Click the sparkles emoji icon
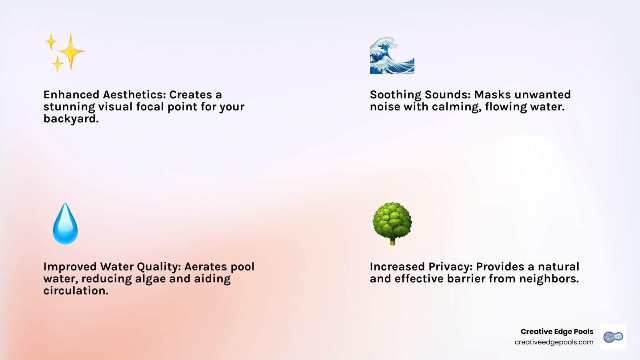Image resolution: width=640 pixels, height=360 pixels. click(x=65, y=52)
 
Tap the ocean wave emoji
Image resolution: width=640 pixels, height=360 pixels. click(x=392, y=56)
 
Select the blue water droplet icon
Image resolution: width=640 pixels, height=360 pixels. click(x=65, y=224)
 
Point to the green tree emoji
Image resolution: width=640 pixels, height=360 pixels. click(x=392, y=223)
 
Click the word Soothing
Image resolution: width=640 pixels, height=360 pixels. click(x=395, y=95)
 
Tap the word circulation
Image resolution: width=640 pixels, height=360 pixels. click(x=76, y=291)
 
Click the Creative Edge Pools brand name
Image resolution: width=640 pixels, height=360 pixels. click(x=557, y=332)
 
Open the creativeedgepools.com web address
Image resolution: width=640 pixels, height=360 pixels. click(x=554, y=342)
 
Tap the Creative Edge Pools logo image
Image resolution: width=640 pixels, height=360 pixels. click(x=613, y=337)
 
